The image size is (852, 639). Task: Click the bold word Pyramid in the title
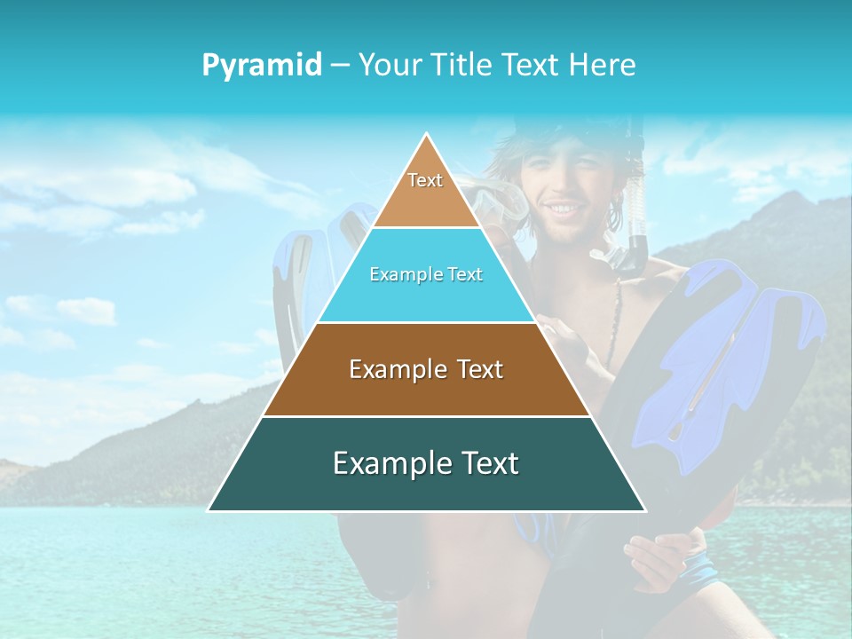click(x=262, y=66)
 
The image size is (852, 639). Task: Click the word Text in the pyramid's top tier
click(x=425, y=180)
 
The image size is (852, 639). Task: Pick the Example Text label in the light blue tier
click(x=426, y=275)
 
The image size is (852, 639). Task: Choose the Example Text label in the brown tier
click(x=426, y=369)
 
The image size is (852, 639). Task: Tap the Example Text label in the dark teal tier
click(x=426, y=463)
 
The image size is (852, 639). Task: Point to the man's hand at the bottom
click(x=657, y=559)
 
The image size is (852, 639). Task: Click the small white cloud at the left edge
click(x=86, y=311)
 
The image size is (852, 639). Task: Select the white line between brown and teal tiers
click(x=426, y=416)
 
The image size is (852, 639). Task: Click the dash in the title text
click(x=340, y=66)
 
